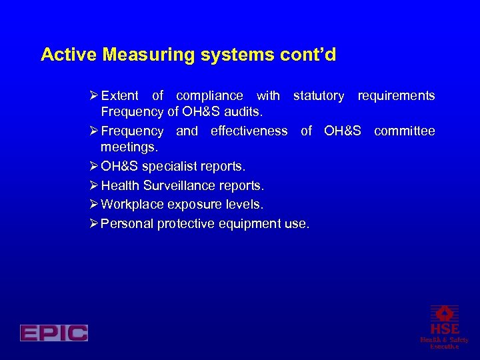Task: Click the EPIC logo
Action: pos(54,333)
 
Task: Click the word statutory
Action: pos(319,96)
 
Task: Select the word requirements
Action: pos(396,96)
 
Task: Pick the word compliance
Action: pos(209,96)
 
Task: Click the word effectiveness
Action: pos(249,131)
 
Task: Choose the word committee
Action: pos(404,131)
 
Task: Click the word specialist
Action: pos(170,165)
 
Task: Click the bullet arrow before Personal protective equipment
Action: pos(94,224)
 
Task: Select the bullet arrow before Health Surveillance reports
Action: pos(94,185)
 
